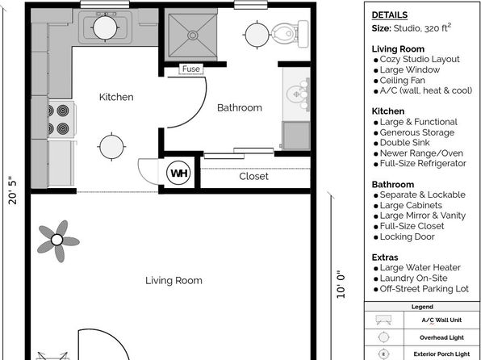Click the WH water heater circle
click(x=178, y=173)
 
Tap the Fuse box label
click(x=190, y=69)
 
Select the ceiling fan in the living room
click(x=57, y=241)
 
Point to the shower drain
click(x=193, y=36)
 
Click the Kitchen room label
click(x=116, y=97)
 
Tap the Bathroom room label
click(x=240, y=107)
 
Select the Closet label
click(x=253, y=176)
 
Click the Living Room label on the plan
click(x=174, y=281)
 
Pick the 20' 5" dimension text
click(x=13, y=190)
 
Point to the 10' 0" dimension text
click(x=341, y=284)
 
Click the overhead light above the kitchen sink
click(x=105, y=27)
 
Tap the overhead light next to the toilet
click(x=257, y=35)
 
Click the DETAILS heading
click(x=390, y=15)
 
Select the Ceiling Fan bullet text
click(x=403, y=81)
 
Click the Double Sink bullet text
click(x=404, y=143)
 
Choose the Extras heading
click(x=385, y=257)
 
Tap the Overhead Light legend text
click(x=441, y=337)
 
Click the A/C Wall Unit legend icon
click(x=383, y=320)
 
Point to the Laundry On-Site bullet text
click(x=413, y=278)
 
